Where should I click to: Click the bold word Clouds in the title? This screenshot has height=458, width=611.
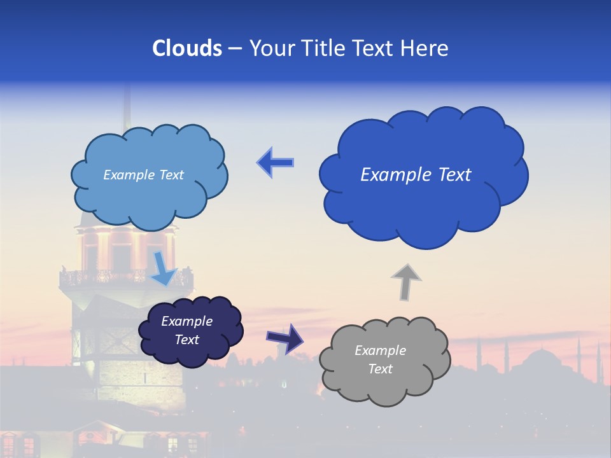pos(186,48)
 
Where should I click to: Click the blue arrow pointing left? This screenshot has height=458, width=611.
pos(275,162)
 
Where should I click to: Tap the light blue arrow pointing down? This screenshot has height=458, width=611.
pos(163,268)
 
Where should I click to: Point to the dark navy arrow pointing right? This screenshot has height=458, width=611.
pos(284,338)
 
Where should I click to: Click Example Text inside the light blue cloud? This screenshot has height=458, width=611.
pos(143,175)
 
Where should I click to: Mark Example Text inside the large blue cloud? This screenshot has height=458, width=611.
pos(416,175)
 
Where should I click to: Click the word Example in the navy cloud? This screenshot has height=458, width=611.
pos(186,321)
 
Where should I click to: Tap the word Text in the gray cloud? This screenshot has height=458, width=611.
pos(380,369)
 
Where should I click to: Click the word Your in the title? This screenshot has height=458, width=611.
pos(272,48)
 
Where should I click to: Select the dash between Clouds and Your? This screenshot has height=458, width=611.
pos(235,48)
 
